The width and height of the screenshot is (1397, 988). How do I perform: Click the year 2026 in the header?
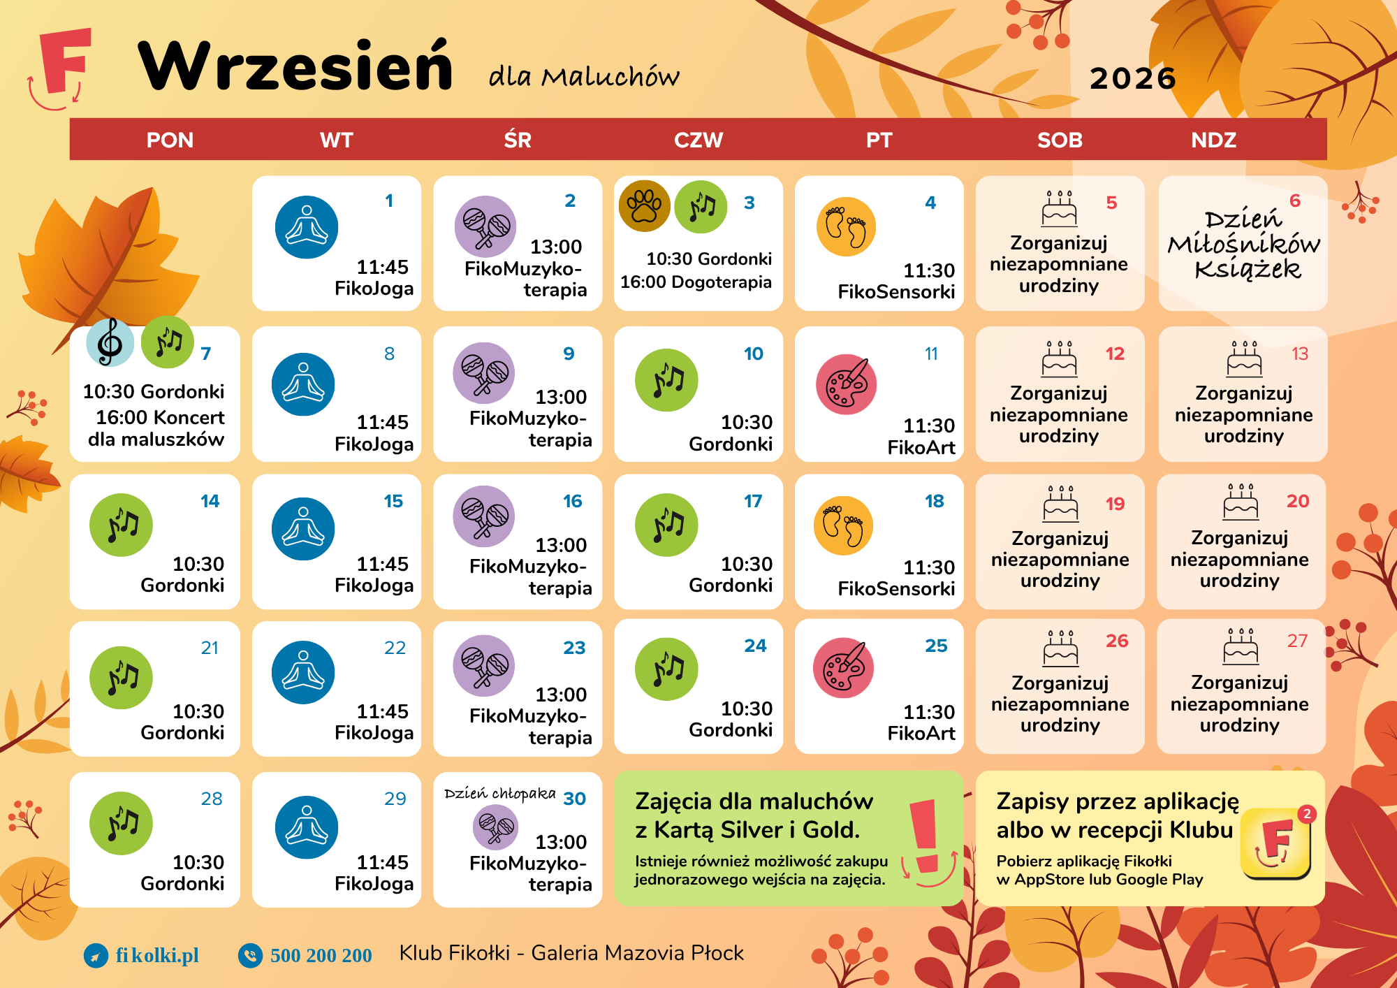coord(1133,78)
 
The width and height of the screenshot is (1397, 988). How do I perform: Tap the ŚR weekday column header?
coord(518,140)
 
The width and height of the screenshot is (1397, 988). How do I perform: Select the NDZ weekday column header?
coord(1214,140)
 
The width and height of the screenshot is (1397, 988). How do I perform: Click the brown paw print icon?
coord(645,205)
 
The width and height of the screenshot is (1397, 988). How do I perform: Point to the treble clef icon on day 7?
coord(110,342)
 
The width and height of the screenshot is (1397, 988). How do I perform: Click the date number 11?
coord(931,354)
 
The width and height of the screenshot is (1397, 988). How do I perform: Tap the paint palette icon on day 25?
coord(843,667)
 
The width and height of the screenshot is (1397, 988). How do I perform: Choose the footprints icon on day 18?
coord(844,525)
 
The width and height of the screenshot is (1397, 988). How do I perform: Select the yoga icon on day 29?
coord(307,827)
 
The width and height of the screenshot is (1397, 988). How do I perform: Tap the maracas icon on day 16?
coord(484,516)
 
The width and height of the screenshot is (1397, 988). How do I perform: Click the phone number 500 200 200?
coord(321,955)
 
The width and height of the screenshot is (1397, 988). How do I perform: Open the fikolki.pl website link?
coord(157,955)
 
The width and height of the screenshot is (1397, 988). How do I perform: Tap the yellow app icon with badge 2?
coord(1276,842)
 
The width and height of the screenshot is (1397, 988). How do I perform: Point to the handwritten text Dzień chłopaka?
coord(500,794)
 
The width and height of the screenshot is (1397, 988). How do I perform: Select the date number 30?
coord(574,799)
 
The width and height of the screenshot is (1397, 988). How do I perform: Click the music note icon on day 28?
coord(121,823)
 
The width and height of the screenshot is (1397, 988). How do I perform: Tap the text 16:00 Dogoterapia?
coord(696,282)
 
